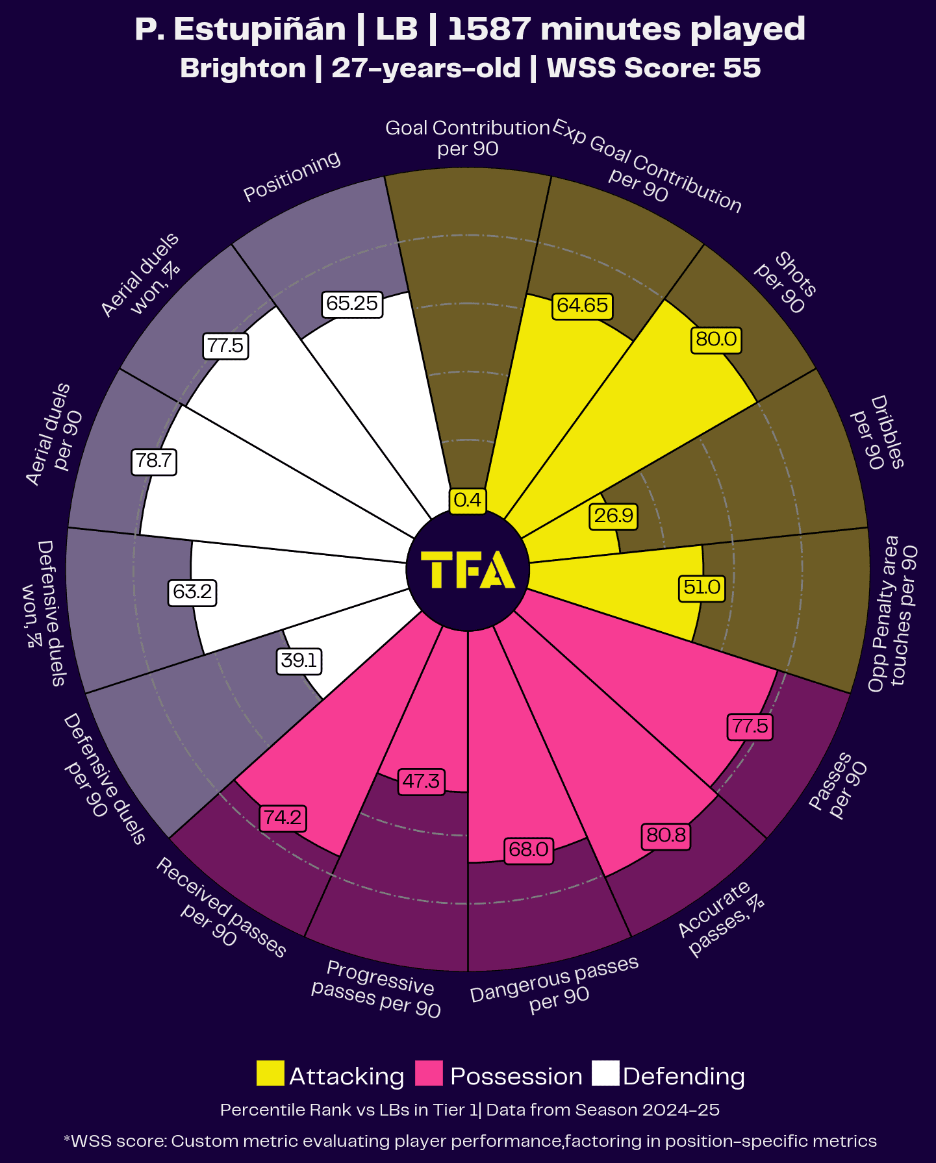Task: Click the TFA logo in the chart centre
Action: tap(468, 569)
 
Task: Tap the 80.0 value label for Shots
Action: tap(716, 339)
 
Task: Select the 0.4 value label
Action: tap(468, 500)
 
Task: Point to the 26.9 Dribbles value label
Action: tap(613, 516)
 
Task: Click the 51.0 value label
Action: tap(702, 588)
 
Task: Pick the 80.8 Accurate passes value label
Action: tap(666, 835)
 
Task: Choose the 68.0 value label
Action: tap(529, 849)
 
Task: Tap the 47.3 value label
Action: tap(421, 781)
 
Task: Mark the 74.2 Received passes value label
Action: tap(283, 818)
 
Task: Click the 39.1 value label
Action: tap(299, 661)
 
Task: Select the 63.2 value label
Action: tap(192, 592)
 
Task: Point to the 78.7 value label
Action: tap(154, 461)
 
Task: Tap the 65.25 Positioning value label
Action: tap(352, 303)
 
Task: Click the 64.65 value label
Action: tap(583, 305)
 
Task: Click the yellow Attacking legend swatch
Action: tap(270, 1073)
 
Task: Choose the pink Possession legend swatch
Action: tap(429, 1073)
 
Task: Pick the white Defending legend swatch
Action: tap(605, 1073)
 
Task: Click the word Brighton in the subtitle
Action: tap(243, 68)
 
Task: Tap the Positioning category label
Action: tap(292, 176)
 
